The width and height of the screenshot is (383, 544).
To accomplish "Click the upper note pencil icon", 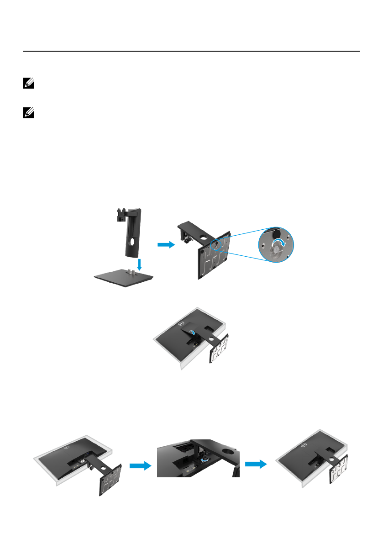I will pos(26,85).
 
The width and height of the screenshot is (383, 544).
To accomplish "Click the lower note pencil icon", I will pos(26,112).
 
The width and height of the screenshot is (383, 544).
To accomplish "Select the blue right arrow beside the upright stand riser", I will pos(166,245).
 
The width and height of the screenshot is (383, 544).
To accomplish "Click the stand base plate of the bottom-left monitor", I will pos(110,480).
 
